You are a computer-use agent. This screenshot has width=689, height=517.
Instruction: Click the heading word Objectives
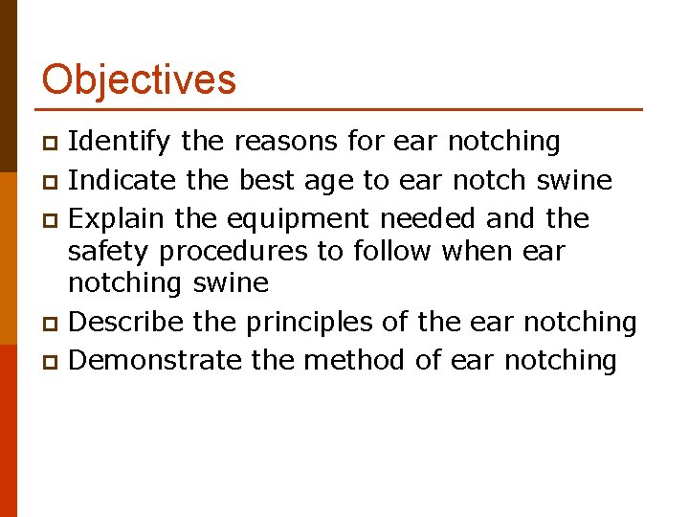[x=139, y=79]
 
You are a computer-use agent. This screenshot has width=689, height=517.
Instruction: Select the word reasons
[x=284, y=142]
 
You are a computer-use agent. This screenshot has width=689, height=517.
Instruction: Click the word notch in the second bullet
[x=490, y=180]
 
